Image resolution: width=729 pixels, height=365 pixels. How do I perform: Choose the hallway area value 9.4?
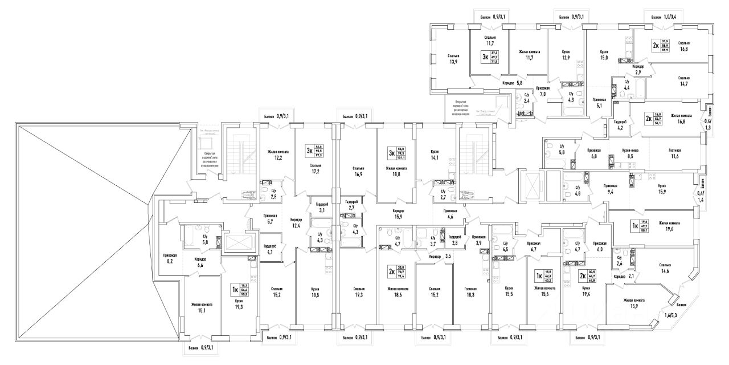click(610, 192)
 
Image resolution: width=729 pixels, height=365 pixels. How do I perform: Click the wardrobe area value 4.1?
click(270, 251)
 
